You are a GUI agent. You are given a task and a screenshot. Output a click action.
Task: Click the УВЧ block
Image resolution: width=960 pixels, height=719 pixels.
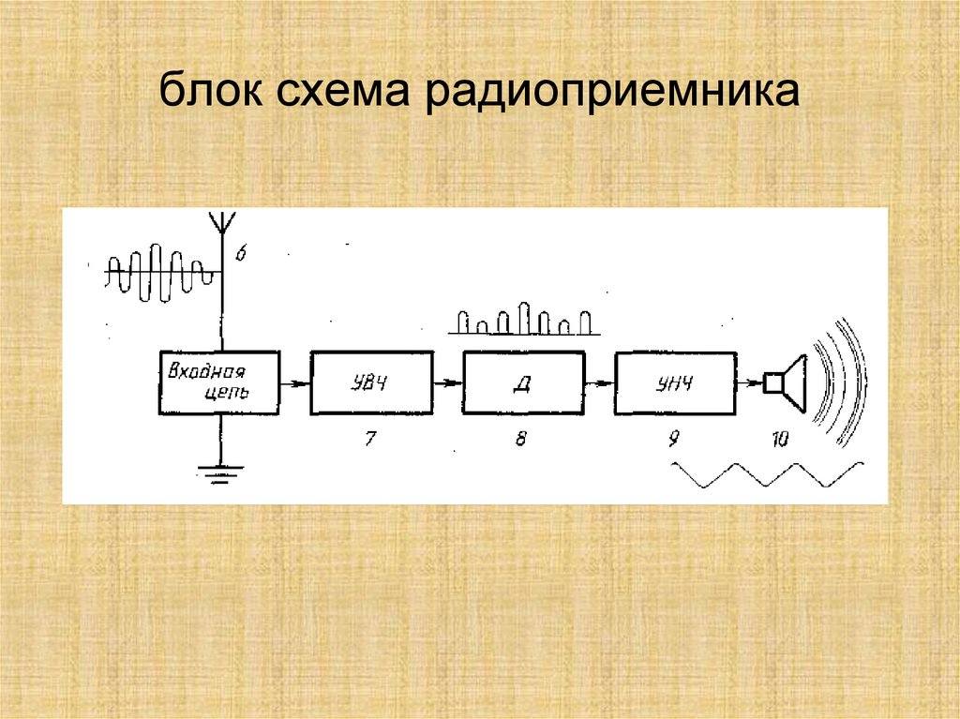(x=372, y=382)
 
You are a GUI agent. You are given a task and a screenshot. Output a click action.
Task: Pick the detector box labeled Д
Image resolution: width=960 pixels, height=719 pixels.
(x=523, y=382)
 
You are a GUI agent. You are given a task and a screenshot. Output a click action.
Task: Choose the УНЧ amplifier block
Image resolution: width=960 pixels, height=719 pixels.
(x=676, y=382)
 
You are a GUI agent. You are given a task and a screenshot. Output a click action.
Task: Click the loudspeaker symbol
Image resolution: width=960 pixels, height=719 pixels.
(x=787, y=382)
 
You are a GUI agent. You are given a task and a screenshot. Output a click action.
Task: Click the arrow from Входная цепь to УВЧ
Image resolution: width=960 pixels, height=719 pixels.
(x=295, y=382)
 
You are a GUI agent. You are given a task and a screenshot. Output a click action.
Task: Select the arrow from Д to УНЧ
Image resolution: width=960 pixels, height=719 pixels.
(x=599, y=382)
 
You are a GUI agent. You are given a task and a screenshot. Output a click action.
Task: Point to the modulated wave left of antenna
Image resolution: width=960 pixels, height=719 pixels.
(x=159, y=273)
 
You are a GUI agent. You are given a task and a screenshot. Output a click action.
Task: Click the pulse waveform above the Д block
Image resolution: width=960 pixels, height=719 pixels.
(x=524, y=322)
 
